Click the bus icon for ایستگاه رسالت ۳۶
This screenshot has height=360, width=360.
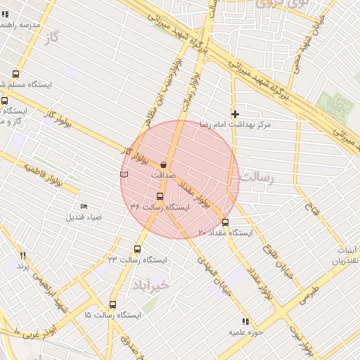coord(160,196)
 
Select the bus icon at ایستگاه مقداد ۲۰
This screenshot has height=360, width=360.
coord(225,222)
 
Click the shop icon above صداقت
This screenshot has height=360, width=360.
coord(163,164)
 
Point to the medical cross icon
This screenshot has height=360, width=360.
coord(235,113)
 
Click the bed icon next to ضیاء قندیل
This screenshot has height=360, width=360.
coord(84,206)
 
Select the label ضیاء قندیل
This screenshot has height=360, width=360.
coord(84,217)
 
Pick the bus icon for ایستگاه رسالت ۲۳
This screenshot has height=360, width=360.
coord(137,249)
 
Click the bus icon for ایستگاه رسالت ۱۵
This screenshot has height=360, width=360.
coord(112,304)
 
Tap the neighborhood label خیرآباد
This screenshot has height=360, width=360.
coord(150,284)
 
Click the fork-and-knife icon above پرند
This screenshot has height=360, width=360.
coord(22,255)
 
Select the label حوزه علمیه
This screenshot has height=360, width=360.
coord(245,331)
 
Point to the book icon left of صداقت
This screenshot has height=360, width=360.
coord(124,173)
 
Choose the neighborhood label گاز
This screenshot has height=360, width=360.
coord(50,37)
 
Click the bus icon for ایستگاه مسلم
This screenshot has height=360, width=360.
coord(16,74)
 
